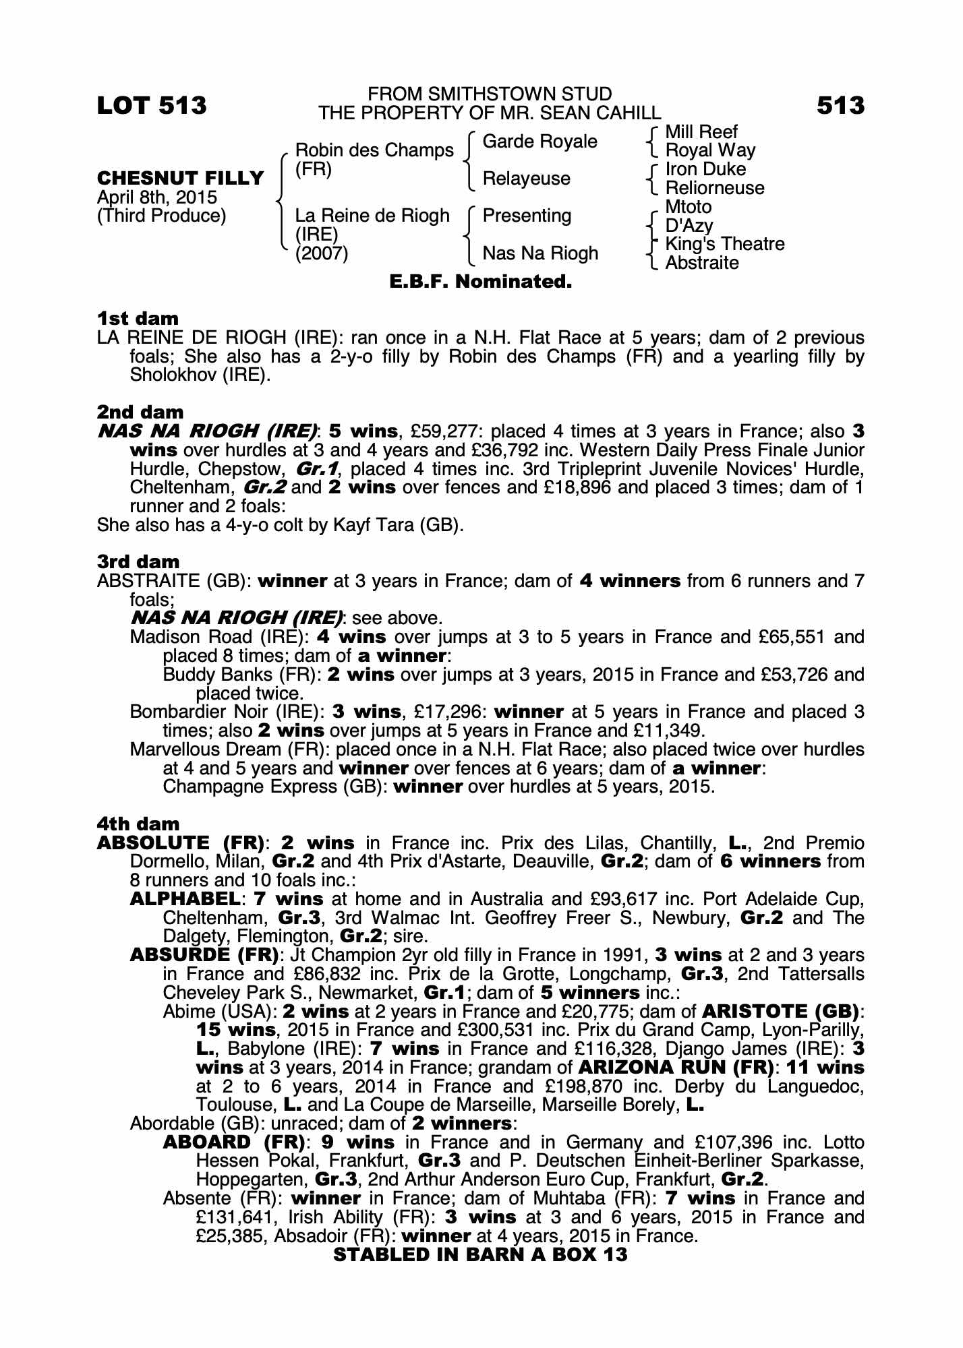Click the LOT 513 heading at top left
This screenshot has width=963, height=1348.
152,106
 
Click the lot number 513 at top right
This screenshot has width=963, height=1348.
840,106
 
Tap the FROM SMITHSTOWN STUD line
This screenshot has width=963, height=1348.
490,94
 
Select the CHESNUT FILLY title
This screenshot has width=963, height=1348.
181,179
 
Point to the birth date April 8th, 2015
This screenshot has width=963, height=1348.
157,197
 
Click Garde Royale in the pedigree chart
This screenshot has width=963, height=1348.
540,142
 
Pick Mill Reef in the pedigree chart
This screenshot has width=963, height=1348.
701,132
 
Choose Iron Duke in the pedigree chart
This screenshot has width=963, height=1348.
705,169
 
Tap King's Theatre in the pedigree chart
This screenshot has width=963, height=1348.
725,244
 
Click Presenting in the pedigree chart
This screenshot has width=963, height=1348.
527,216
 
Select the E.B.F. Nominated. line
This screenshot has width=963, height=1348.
481,282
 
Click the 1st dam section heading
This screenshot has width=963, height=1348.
138,318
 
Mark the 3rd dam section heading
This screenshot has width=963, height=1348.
138,561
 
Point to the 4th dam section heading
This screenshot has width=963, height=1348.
138,824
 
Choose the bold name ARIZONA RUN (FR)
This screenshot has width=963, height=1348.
676,1068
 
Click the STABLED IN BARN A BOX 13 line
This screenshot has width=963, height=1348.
481,1255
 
